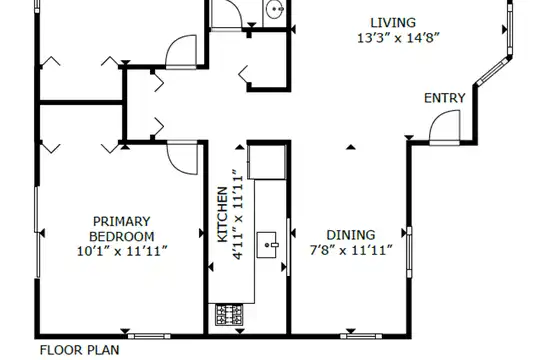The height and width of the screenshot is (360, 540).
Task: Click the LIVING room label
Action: point(393,23)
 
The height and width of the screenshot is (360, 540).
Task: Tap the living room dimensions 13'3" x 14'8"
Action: point(398,38)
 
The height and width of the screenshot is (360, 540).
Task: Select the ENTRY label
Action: point(445,98)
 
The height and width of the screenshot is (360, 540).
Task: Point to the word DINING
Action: point(351,235)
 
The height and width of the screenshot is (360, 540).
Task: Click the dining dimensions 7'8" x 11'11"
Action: point(351,250)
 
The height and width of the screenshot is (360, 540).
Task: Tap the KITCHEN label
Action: point(223,214)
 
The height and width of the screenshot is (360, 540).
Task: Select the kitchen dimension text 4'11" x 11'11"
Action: point(238,214)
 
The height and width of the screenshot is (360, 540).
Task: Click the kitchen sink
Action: point(267,245)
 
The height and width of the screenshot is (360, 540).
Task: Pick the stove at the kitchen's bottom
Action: point(229,315)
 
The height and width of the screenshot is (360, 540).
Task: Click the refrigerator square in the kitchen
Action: point(267,162)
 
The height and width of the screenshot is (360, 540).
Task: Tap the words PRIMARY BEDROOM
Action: point(122,229)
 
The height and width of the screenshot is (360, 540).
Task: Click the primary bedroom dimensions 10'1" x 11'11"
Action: point(122,251)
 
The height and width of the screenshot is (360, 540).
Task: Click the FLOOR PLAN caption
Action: point(80,350)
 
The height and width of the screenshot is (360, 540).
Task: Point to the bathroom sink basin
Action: point(274,9)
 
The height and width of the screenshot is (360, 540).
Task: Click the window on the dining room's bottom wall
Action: point(361,336)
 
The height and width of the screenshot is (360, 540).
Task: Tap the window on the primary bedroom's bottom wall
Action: point(149,336)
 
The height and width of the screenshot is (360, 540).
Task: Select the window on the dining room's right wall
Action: point(409,252)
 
